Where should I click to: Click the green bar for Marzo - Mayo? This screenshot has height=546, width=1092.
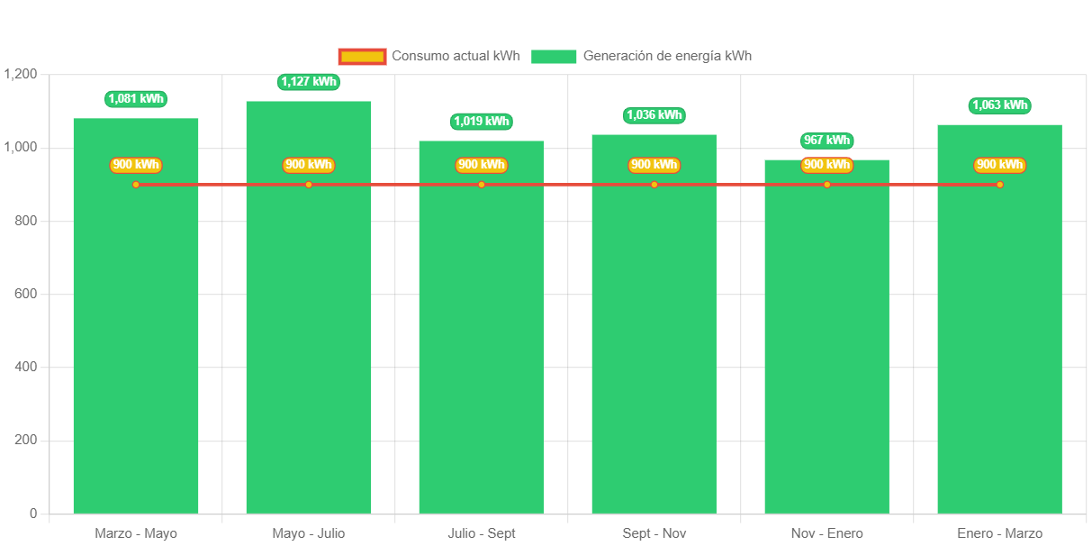[x=136, y=342]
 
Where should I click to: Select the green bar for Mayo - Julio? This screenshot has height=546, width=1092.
[x=309, y=342]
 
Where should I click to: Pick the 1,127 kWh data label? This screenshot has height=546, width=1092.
[x=309, y=82]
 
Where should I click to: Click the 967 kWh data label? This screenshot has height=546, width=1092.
[x=826, y=141]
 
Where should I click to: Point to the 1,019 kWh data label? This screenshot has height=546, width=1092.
[x=482, y=122]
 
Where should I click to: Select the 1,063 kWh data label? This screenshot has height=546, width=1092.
[x=999, y=105]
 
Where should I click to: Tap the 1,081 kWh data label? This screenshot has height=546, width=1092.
[x=136, y=99]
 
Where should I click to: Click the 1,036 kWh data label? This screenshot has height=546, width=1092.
[x=654, y=115]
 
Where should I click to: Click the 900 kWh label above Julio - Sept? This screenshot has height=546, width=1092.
[x=482, y=165]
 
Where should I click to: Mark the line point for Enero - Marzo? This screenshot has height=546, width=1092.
[x=999, y=185]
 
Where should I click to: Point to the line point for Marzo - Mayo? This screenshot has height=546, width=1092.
[x=136, y=185]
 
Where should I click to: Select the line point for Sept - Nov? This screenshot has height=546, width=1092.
[x=654, y=185]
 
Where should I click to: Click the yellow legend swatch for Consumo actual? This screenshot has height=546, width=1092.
[x=362, y=56]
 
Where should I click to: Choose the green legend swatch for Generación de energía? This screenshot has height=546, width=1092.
[x=554, y=56]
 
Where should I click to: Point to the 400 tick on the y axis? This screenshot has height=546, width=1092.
[x=26, y=367]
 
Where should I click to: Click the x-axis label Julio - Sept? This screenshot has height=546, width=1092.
[x=482, y=533]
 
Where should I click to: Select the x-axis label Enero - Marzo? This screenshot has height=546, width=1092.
[x=999, y=533]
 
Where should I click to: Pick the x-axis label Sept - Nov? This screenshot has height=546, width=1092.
[x=654, y=533]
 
